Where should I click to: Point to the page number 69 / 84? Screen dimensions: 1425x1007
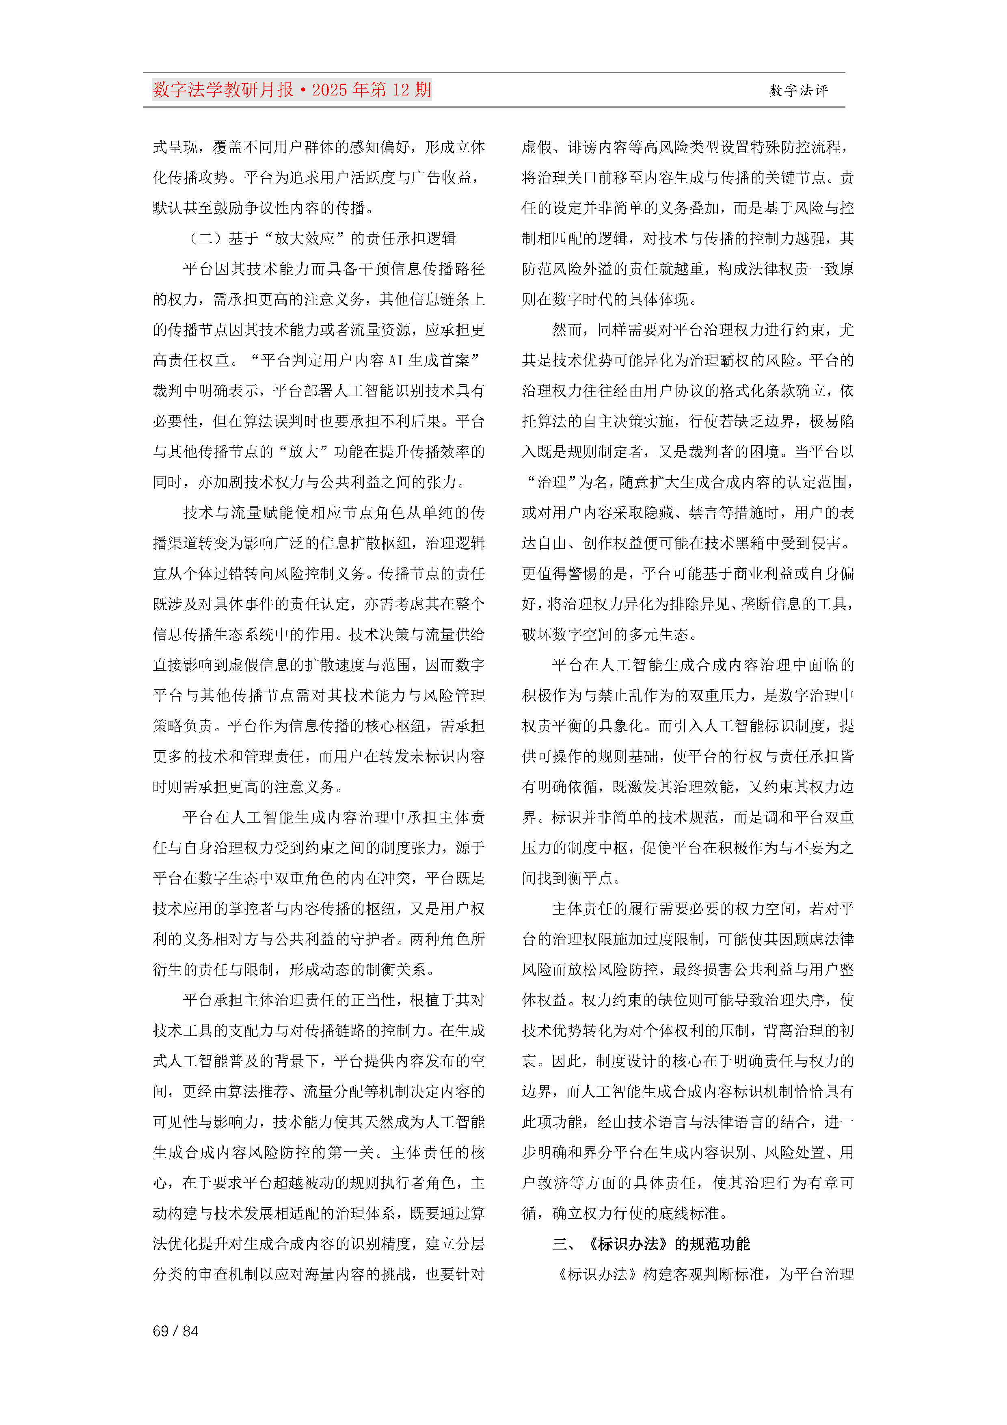(175, 1331)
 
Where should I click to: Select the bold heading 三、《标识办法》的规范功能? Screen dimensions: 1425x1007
(651, 1244)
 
